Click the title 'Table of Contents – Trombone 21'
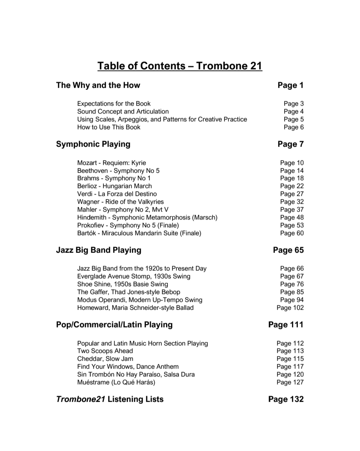180,66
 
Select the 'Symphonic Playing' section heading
93,144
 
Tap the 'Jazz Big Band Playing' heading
99,250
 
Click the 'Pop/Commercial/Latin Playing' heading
114,325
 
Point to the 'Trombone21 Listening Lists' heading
110,399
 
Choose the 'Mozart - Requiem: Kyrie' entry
111,163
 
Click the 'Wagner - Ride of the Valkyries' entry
120,202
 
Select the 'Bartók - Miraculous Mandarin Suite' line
139,233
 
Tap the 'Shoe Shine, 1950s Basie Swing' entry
122,284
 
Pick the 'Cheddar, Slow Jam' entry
105,359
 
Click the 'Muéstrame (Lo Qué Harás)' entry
116,382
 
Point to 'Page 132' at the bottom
286,399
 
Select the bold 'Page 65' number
288,250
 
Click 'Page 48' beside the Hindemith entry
292,218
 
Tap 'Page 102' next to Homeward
290,308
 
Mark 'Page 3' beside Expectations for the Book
294,104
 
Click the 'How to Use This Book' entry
109,127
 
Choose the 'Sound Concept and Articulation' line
123,112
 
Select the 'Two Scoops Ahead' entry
105,351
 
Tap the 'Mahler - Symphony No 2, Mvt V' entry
123,210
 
